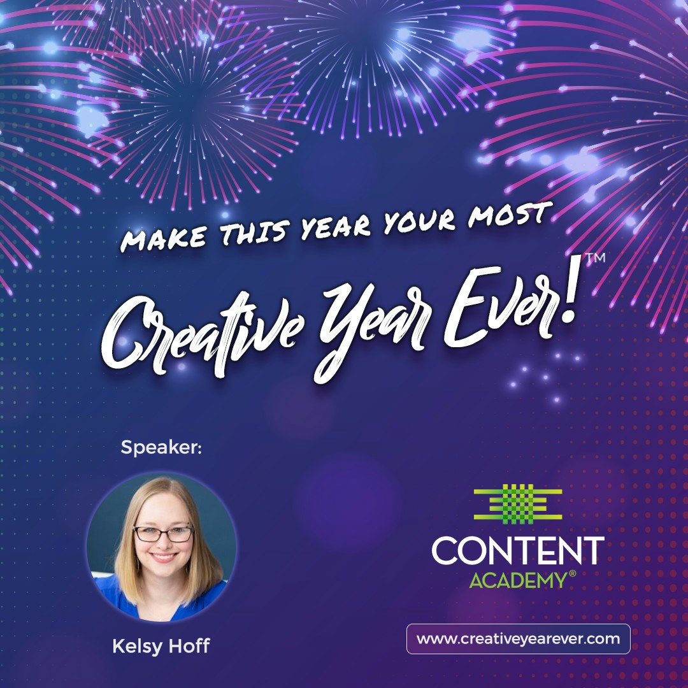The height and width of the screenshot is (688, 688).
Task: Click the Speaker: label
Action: (161, 448)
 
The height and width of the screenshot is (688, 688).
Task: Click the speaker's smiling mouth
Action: (164, 557)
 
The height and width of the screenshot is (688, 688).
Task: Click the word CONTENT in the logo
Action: (518, 551)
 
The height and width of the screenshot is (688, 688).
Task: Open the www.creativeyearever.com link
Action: (518, 639)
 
